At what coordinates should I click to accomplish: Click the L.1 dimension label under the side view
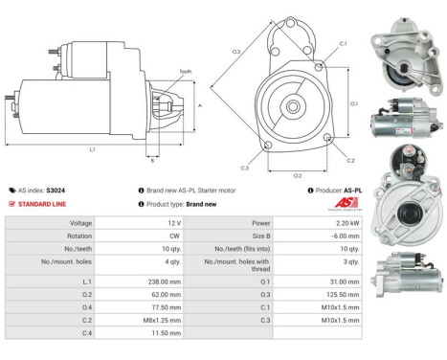[x=92, y=149]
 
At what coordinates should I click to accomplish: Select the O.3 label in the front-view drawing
[x=235, y=51]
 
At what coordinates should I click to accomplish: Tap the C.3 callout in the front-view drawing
[x=245, y=167]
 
